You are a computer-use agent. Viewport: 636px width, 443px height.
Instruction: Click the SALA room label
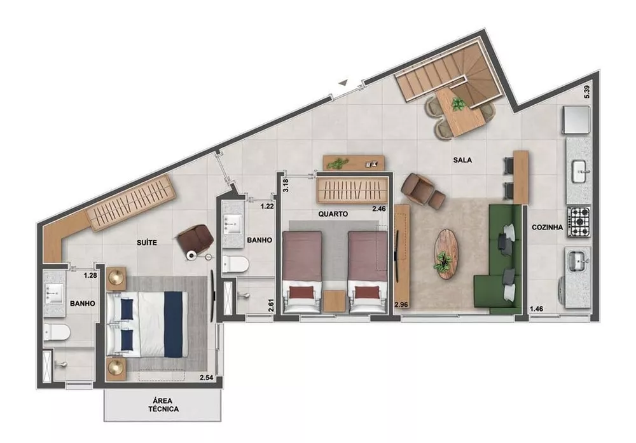(463, 160)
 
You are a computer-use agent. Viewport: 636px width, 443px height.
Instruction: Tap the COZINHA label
(546, 227)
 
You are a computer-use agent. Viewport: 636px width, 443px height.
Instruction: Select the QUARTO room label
(333, 214)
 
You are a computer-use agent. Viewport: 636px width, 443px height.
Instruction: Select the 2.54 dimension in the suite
(206, 378)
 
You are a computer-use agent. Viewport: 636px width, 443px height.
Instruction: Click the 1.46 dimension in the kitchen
(537, 310)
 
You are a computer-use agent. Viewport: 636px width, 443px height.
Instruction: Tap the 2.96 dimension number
(400, 304)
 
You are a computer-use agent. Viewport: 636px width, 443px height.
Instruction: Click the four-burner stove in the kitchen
(579, 220)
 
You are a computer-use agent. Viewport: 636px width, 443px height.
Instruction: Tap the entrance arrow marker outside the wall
(343, 81)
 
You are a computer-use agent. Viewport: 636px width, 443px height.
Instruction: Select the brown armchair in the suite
(194, 238)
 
